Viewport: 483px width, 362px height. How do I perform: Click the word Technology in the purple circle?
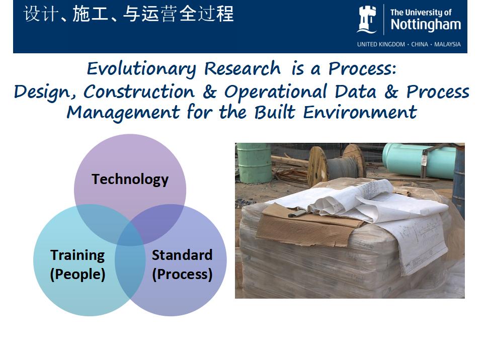pos(130,179)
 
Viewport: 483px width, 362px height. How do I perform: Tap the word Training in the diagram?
pos(77,255)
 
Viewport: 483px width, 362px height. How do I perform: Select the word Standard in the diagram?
pos(182,255)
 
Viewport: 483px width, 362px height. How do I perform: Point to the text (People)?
pos(77,275)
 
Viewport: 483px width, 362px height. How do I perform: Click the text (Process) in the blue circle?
pos(182,275)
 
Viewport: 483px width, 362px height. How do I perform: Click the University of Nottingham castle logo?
pos(367,20)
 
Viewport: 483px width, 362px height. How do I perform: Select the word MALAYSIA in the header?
pos(447,44)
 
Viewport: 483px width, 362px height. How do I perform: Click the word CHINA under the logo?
pos(420,44)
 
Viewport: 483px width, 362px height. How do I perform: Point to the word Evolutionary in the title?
pos(141,69)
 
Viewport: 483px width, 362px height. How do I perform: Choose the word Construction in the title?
pos(139,92)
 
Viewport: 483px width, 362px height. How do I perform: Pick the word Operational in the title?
pos(275,92)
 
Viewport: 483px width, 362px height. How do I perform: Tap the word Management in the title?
pos(123,112)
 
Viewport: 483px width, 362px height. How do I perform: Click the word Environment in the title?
pos(360,112)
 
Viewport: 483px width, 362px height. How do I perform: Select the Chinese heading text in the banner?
pos(128,14)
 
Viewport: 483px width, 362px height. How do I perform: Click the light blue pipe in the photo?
pos(419,160)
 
